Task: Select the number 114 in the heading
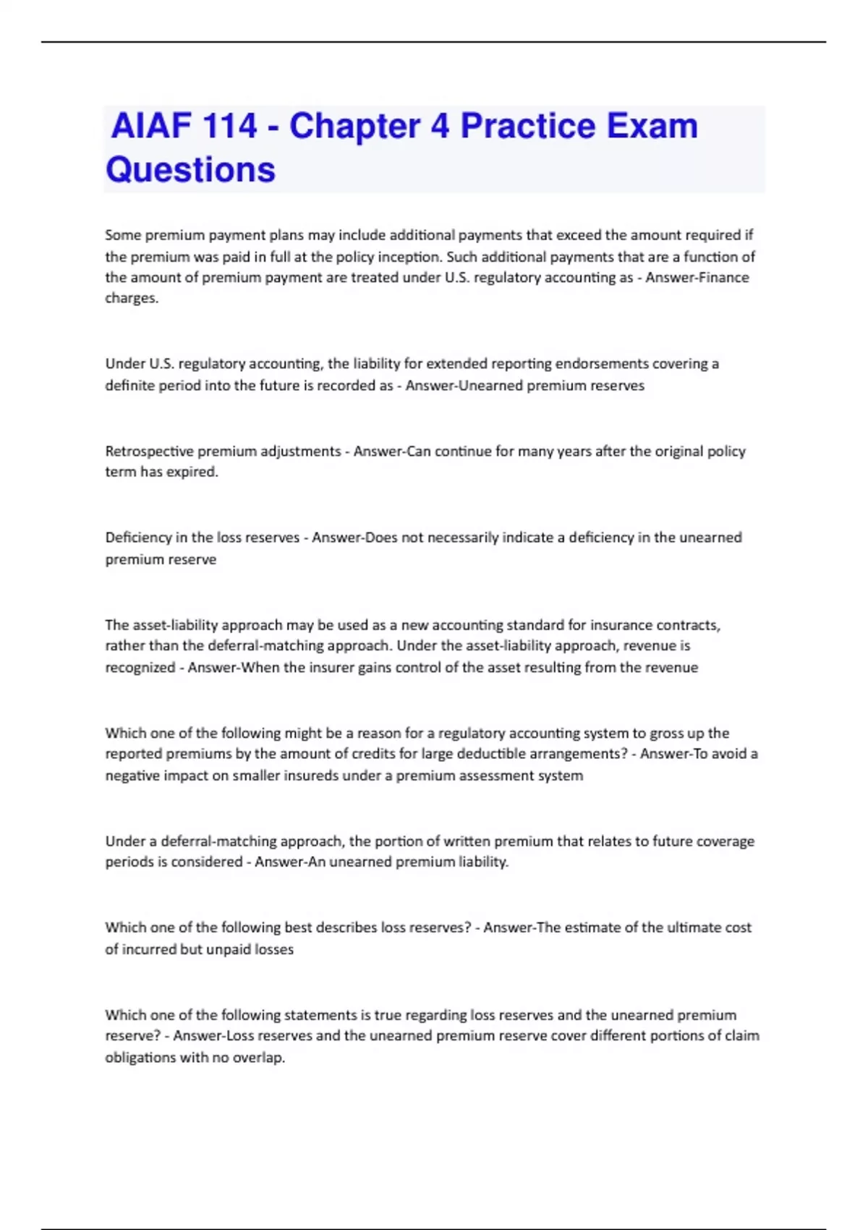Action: (230, 127)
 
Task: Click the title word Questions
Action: (190, 171)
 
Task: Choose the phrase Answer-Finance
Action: (697, 278)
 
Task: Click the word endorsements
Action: (602, 364)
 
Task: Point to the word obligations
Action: (140, 1058)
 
